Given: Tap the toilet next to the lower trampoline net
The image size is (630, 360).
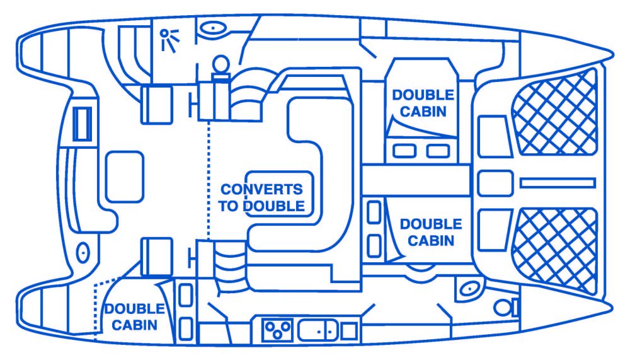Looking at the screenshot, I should click(x=503, y=307).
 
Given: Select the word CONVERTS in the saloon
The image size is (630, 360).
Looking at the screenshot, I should click(x=260, y=190).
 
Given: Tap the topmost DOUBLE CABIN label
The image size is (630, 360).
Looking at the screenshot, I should click(x=422, y=103).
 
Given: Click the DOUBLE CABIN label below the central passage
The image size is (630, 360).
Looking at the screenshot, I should click(x=430, y=232).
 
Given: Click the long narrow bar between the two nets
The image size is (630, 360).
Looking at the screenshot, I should click(x=558, y=182).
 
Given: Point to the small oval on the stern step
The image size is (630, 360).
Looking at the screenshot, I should click(x=81, y=253).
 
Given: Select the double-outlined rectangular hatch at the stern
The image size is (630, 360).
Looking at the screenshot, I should click(x=82, y=124).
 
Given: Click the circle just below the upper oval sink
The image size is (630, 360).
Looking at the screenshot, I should click(x=220, y=63).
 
